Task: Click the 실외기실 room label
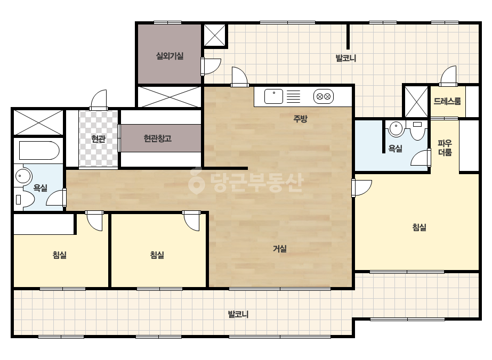tap(170, 56)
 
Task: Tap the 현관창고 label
tap(158, 138)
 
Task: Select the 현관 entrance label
tap(98, 138)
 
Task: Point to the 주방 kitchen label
tap(300, 119)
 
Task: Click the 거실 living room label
tap(279, 249)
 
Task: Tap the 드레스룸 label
tap(447, 101)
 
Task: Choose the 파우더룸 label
tap(445, 148)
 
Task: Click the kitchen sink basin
tap(273, 96)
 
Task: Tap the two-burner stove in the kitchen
tap(324, 96)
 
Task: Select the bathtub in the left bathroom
tap(39, 151)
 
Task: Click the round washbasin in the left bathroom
tap(23, 176)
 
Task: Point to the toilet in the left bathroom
tap(25, 199)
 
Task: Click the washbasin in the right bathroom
tap(396, 128)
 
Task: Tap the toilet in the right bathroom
tap(417, 130)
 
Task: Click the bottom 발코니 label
tap(238, 314)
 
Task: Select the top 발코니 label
tap(346, 58)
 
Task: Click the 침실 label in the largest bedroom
tap(419, 227)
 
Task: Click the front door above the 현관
tap(99, 100)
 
